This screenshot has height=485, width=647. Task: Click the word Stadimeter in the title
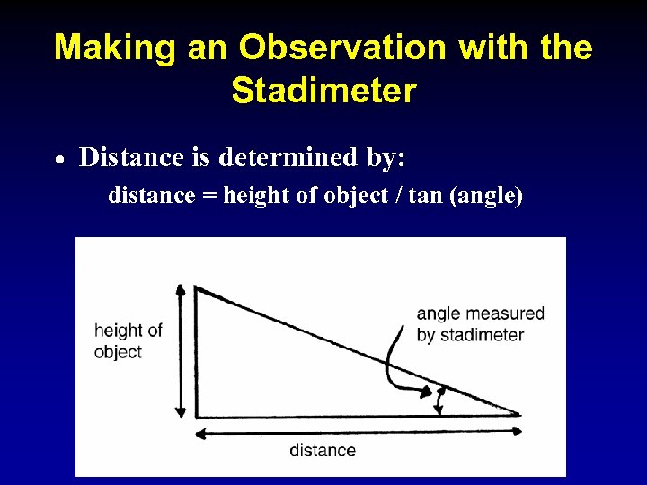click(323, 91)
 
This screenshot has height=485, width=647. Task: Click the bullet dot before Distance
click(58, 160)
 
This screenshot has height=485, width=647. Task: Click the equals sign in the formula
click(208, 196)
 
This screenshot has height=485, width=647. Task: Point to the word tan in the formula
click(424, 195)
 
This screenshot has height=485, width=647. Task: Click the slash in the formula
click(396, 195)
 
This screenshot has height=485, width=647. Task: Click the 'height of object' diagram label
click(128, 340)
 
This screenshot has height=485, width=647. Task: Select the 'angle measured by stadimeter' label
click(480, 324)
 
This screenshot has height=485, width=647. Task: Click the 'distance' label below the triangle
click(323, 450)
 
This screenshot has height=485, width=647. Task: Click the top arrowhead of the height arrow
click(181, 290)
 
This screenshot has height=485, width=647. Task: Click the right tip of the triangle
click(519, 415)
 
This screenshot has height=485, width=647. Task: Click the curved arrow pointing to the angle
click(395, 370)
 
